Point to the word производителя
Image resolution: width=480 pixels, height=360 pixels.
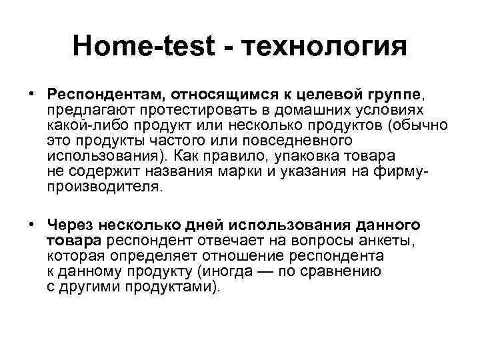pos(103,187)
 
